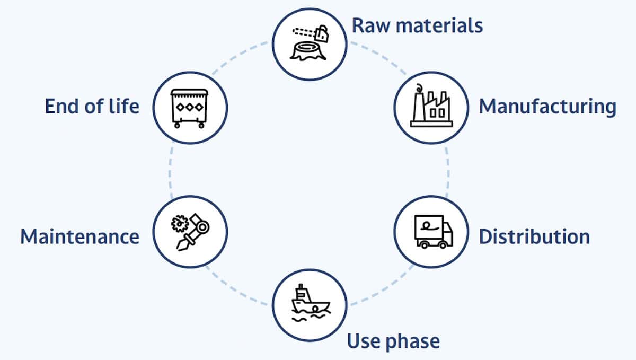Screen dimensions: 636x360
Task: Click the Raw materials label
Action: (x=417, y=25)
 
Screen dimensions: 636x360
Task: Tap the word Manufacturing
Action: (x=547, y=107)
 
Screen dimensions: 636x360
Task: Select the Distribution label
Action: (x=534, y=236)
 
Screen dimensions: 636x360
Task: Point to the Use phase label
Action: (x=393, y=341)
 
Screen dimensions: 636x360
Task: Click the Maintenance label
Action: (x=80, y=236)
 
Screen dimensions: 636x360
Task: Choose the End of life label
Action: (x=92, y=106)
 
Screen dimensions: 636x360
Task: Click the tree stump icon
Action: (x=308, y=51)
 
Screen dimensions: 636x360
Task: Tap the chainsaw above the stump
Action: (x=311, y=33)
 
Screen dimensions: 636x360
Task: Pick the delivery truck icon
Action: (x=434, y=232)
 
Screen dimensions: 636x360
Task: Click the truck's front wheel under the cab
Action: (x=442, y=244)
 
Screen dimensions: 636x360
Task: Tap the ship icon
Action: (x=311, y=303)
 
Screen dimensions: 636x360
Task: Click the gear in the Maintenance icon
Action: (x=180, y=224)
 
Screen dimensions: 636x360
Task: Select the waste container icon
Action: (x=189, y=109)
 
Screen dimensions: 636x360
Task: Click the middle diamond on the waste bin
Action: (x=190, y=107)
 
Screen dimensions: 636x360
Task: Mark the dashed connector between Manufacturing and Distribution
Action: (x=448, y=172)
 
